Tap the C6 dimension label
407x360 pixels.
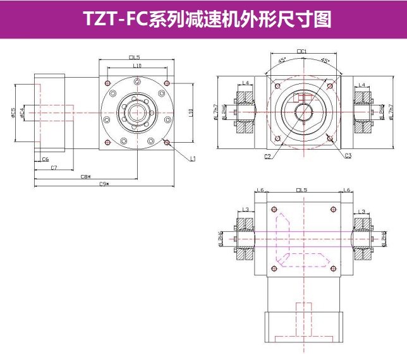coord(46,159)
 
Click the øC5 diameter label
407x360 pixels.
coord(13,113)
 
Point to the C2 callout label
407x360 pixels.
coord(268,157)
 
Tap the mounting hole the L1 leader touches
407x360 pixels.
coord(167,141)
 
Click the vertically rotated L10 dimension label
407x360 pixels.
coord(190,112)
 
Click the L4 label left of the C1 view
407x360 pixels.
coord(245,84)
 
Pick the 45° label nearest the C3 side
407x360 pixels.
coord(325,61)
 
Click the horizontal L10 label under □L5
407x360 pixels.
coord(137,66)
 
